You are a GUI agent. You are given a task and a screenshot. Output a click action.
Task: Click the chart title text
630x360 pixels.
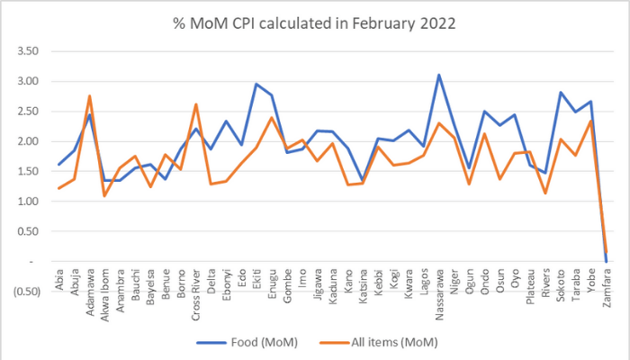315,22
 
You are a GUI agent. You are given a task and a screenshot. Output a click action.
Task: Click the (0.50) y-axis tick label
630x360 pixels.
27,291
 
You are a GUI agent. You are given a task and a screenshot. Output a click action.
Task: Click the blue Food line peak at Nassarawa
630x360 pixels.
439,75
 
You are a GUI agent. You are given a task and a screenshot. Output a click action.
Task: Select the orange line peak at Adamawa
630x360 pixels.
90,95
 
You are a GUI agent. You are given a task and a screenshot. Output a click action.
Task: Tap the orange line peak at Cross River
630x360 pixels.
196,104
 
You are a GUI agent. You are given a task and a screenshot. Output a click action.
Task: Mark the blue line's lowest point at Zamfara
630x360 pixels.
606,262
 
